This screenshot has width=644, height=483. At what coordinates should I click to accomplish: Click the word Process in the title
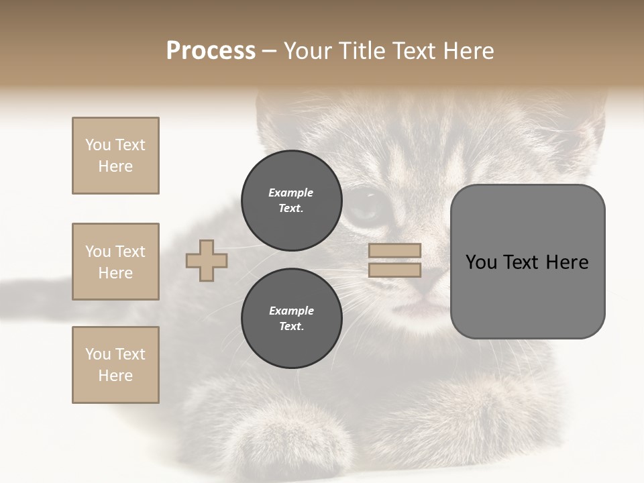[x=211, y=51]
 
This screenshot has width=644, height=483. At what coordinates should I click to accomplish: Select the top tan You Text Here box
[x=115, y=156]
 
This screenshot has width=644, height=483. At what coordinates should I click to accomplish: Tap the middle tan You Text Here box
[x=115, y=262]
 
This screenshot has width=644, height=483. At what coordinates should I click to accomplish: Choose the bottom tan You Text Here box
[x=115, y=365]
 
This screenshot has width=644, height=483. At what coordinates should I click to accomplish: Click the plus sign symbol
[x=207, y=260]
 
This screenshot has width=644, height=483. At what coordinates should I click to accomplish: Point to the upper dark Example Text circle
[x=291, y=201]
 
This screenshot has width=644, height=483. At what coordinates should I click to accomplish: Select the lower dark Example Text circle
[x=291, y=319]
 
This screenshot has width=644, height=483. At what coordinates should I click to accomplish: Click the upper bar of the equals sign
[x=394, y=251]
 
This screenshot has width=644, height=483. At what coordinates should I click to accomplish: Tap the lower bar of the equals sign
[x=394, y=270]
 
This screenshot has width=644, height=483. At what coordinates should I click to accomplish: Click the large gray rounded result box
[x=527, y=262]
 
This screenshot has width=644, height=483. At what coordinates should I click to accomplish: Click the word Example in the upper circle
[x=291, y=193]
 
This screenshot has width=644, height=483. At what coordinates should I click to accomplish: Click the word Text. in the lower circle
[x=291, y=327]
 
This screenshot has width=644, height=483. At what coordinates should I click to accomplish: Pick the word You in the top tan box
[x=97, y=145]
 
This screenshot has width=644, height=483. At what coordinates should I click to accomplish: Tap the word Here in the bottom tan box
[x=115, y=376]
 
